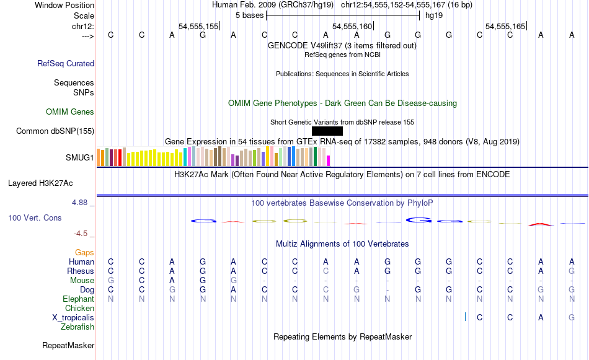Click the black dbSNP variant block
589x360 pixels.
[327, 131]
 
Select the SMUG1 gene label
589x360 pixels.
[80, 158]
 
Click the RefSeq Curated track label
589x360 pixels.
[66, 63]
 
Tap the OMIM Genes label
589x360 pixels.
[70, 112]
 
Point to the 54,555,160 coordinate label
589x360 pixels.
[352, 27]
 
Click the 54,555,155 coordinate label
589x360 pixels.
[198, 27]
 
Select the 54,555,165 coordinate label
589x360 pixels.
[505, 27]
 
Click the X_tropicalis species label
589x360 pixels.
[73, 317]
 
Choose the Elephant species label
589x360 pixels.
[79, 299]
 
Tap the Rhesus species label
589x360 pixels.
[81, 271]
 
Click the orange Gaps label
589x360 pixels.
[84, 252]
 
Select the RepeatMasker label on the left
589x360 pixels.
[68, 345]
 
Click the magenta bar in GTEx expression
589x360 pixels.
[329, 160]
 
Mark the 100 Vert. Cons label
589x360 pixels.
[35, 218]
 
